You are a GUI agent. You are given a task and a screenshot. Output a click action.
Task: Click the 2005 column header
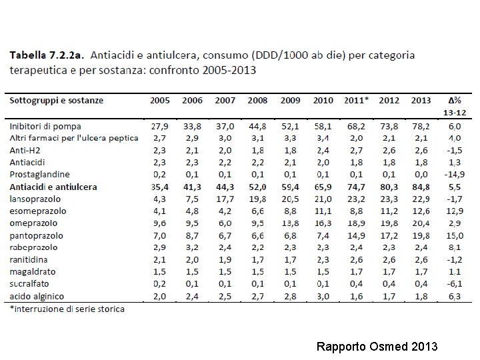click(x=159, y=100)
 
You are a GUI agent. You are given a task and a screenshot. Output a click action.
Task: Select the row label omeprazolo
click(x=33, y=223)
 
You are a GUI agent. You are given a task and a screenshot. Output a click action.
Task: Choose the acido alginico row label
click(x=37, y=297)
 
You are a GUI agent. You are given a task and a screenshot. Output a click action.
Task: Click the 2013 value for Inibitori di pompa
click(x=421, y=126)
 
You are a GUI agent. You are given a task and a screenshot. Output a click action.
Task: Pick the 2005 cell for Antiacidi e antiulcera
click(x=159, y=187)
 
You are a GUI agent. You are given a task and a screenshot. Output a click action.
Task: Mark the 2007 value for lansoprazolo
click(x=225, y=199)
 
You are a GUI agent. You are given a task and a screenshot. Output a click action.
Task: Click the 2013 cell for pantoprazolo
click(x=421, y=235)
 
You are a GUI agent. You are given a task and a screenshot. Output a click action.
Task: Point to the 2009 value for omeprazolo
click(x=290, y=223)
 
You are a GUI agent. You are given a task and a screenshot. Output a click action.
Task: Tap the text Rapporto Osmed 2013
click(x=377, y=347)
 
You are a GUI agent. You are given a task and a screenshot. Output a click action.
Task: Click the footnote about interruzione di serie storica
click(x=67, y=309)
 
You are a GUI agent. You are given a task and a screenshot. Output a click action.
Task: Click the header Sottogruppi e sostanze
click(x=57, y=100)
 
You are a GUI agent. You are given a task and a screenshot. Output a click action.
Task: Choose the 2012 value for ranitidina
click(x=389, y=260)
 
